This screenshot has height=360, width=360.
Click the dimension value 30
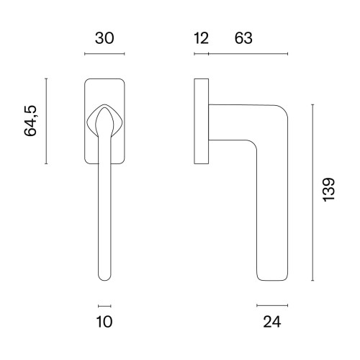[x=104, y=38]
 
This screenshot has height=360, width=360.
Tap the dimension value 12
[x=201, y=38]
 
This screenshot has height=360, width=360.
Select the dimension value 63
[x=243, y=38]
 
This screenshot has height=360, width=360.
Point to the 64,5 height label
[x=30, y=121]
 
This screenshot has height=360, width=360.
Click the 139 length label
[x=329, y=189]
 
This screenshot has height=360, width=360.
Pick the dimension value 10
[x=104, y=322]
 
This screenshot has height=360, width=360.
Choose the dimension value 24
[x=272, y=322]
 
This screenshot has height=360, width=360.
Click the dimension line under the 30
[x=104, y=54]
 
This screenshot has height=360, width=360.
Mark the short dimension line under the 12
[x=202, y=54]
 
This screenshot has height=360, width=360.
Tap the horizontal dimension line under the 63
[x=248, y=54]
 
